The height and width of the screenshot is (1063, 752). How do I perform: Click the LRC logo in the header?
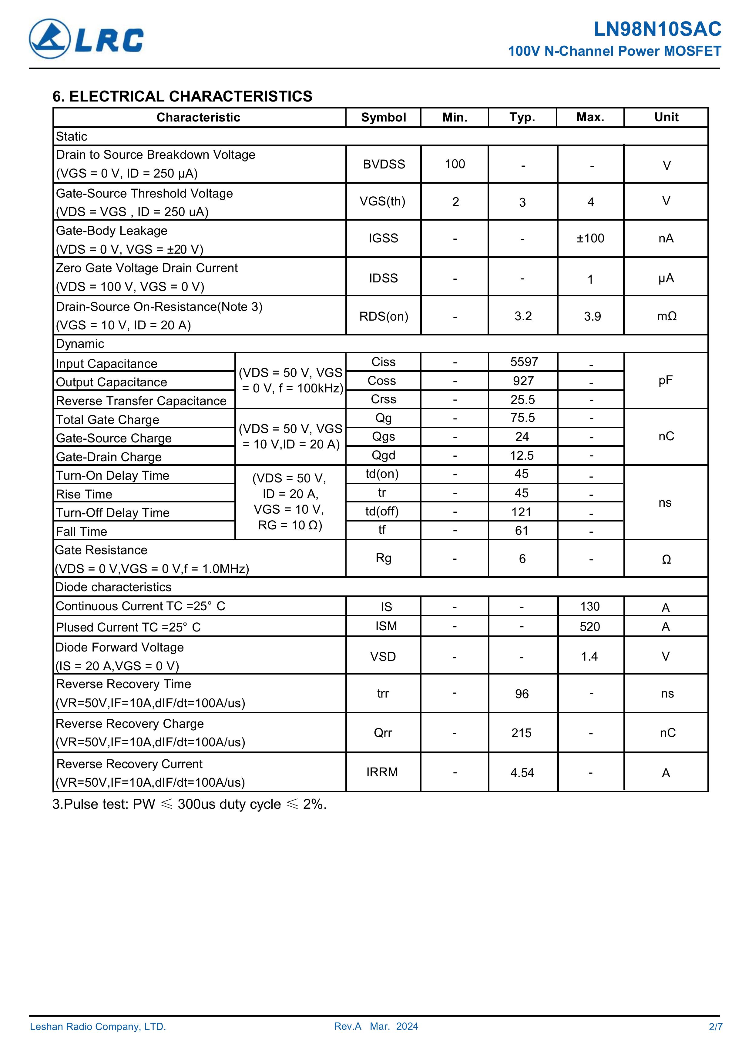pos(87,39)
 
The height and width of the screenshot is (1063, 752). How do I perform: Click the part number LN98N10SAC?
pos(657,29)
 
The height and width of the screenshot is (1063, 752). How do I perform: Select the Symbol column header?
pos(383,118)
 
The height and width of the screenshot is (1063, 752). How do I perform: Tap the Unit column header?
pos(666,117)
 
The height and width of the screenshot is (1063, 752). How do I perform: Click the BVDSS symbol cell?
pos(384,164)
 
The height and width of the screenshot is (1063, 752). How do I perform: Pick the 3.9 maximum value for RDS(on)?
pos(592,316)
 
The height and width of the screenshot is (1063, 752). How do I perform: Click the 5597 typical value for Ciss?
pos(524,362)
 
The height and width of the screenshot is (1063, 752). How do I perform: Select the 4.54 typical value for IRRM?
pos(522,773)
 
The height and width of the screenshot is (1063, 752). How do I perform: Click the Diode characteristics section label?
pos(113,587)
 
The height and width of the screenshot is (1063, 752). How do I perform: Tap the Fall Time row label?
pos(82,531)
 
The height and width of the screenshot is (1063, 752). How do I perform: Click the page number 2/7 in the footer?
pos(715,1026)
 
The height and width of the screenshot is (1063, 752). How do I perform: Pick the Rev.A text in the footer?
pos(347,1026)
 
